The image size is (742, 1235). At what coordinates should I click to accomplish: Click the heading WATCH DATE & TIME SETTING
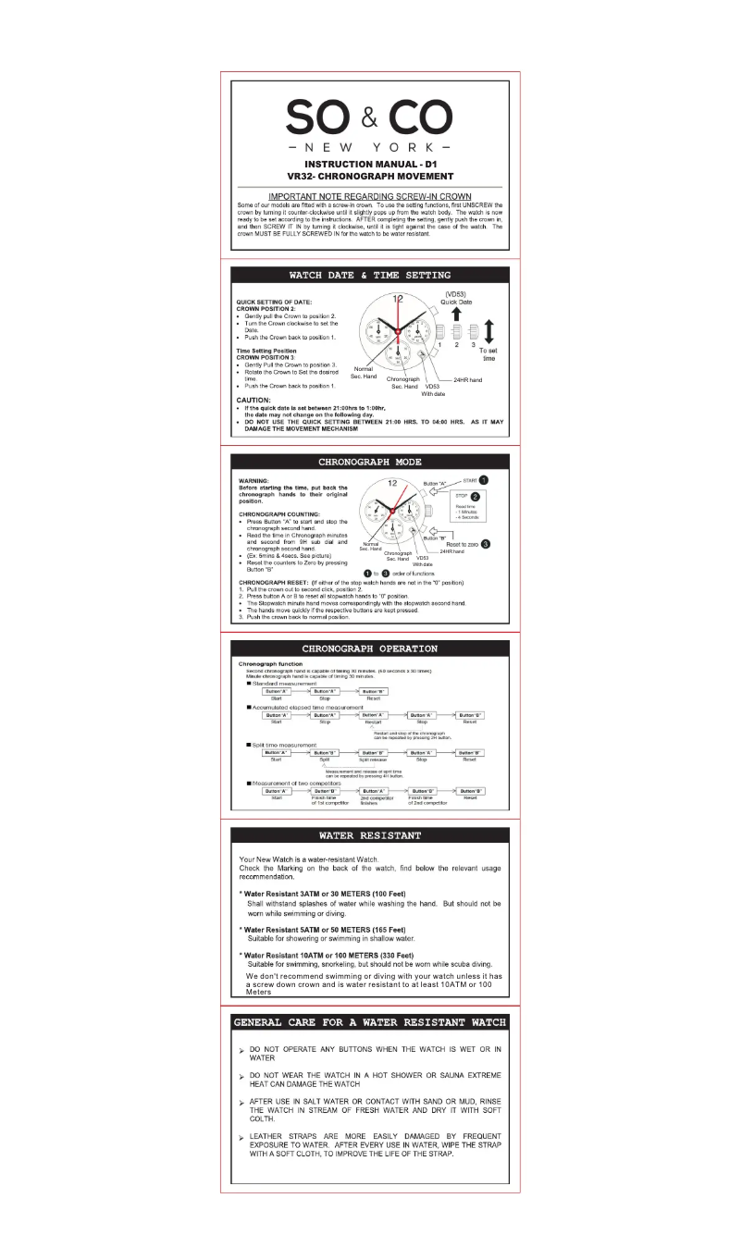coord(370,275)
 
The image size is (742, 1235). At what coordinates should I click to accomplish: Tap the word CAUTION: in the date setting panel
coord(254,400)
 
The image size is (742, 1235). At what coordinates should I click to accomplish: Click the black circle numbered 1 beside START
coord(483,479)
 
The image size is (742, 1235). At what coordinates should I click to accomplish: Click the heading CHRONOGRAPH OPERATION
coord(370,648)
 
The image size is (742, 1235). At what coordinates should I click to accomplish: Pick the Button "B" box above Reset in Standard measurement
coord(373,692)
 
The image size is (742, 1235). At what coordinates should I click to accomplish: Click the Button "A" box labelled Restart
coord(373,715)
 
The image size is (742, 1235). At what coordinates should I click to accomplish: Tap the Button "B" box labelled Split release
coord(373,753)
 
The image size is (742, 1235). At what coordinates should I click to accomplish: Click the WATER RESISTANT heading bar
coord(370,835)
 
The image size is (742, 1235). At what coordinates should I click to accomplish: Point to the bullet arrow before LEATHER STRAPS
coord(241,1130)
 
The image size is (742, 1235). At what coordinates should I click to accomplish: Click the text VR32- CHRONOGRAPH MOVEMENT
coord(370,176)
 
